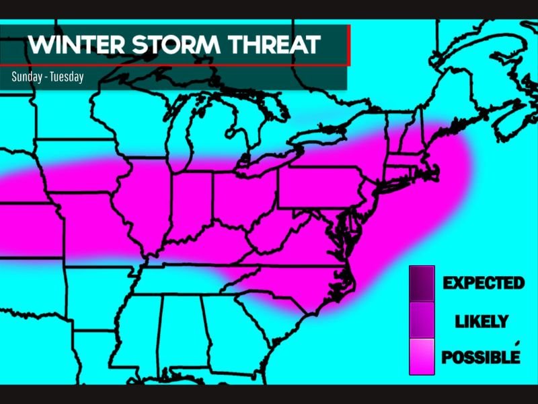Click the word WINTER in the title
(75, 45)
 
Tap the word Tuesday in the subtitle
(67, 77)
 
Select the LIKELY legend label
(482, 321)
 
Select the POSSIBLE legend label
(480, 357)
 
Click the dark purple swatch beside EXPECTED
(422, 283)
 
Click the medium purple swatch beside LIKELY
(422, 319)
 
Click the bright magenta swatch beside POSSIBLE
(422, 356)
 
